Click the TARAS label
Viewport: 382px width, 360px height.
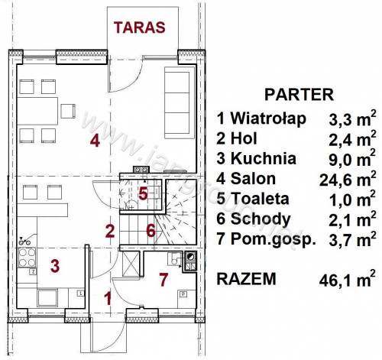pos(140,28)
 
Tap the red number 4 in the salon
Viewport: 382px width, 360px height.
pos(95,141)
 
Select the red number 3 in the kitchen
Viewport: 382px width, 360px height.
pos(55,266)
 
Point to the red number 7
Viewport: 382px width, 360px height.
pos(163,279)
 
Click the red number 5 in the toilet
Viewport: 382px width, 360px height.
pos(143,194)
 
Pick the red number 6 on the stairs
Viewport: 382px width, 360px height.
pos(151,231)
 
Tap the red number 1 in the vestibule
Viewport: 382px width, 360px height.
pos(108,298)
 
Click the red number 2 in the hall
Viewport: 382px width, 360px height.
pos(110,231)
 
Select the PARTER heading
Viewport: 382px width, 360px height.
pos(299,95)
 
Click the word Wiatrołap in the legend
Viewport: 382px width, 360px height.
pos(268,118)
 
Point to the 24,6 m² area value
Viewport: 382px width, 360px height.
pos(348,179)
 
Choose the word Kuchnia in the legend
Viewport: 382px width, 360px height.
pos(264,158)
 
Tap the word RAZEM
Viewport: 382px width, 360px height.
pos(246,279)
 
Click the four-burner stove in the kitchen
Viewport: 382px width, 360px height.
pos(27,258)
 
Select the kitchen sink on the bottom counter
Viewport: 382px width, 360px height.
pos(47,297)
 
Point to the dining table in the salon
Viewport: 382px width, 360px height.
pos(37,111)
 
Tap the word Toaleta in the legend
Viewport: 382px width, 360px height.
pos(260,199)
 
